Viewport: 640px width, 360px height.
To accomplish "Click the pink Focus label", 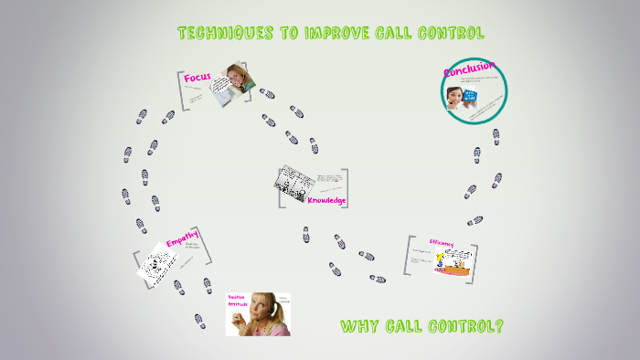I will (197, 78).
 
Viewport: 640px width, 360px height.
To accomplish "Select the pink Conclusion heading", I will (469, 69).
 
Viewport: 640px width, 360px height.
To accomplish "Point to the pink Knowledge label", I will (326, 200).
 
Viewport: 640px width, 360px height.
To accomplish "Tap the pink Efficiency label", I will (441, 243).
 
